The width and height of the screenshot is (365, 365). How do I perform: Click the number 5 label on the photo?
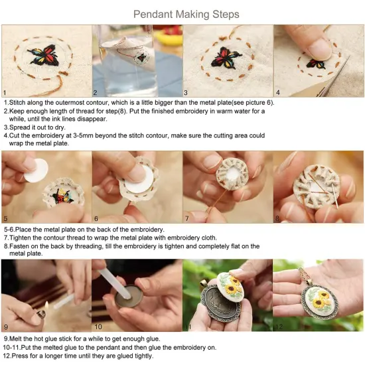[6, 217]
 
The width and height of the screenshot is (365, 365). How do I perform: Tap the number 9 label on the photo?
[6, 327]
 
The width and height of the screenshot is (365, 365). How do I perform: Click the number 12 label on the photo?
[279, 327]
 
